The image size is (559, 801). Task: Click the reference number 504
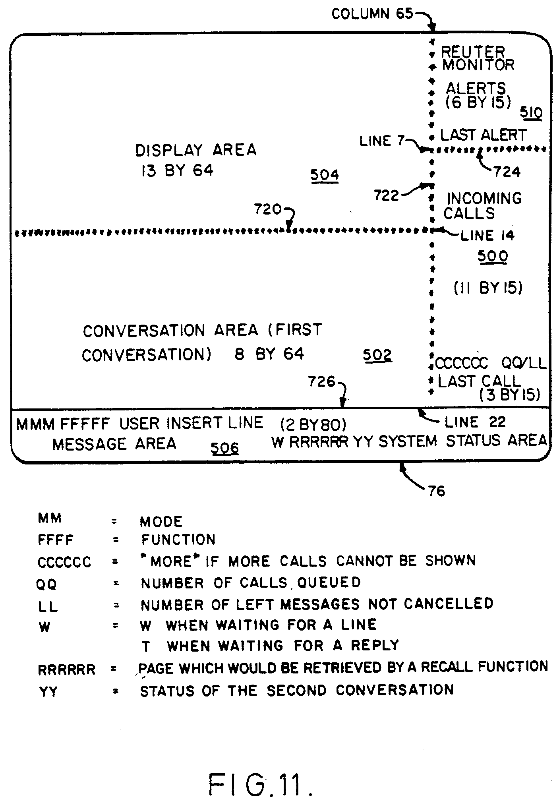pos(324,175)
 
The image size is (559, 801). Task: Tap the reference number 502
pos(377,355)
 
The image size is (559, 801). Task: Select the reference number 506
pos(224,448)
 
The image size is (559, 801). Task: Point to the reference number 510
pos(532,113)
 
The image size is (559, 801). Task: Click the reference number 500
pos(493,256)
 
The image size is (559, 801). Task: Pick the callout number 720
pos(268,209)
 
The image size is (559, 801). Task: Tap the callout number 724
pos(507,172)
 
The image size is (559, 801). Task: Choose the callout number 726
pos(322,382)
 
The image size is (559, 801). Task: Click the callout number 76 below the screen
pos(437,491)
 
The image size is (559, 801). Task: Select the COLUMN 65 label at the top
pos(372,14)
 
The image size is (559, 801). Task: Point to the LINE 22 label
pos(475,422)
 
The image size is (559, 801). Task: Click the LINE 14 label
pos(487,236)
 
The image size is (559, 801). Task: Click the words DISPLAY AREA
pos(196,150)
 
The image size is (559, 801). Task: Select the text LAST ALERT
pos(483,135)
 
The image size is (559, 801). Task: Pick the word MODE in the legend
pos(161,521)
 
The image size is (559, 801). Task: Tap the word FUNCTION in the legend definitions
pos(178,540)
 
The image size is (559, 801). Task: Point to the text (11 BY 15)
pos(488,288)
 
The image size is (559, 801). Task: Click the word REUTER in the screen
pos(473,52)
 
